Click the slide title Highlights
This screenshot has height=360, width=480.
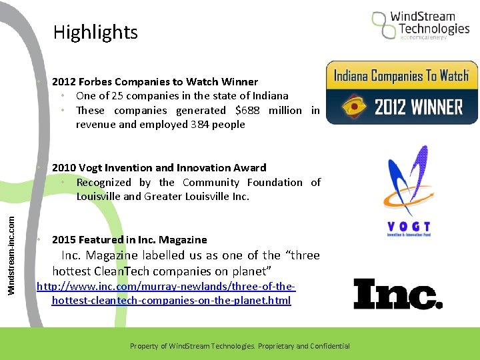pos(95,32)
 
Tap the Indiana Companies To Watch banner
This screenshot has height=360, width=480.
pos(401,76)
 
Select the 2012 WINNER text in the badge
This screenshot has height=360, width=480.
pos(418,107)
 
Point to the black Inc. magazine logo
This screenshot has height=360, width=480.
pos(397,294)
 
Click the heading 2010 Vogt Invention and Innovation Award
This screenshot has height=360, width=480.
pos(159,168)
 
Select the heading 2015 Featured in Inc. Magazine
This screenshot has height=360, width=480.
pos(129,240)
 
